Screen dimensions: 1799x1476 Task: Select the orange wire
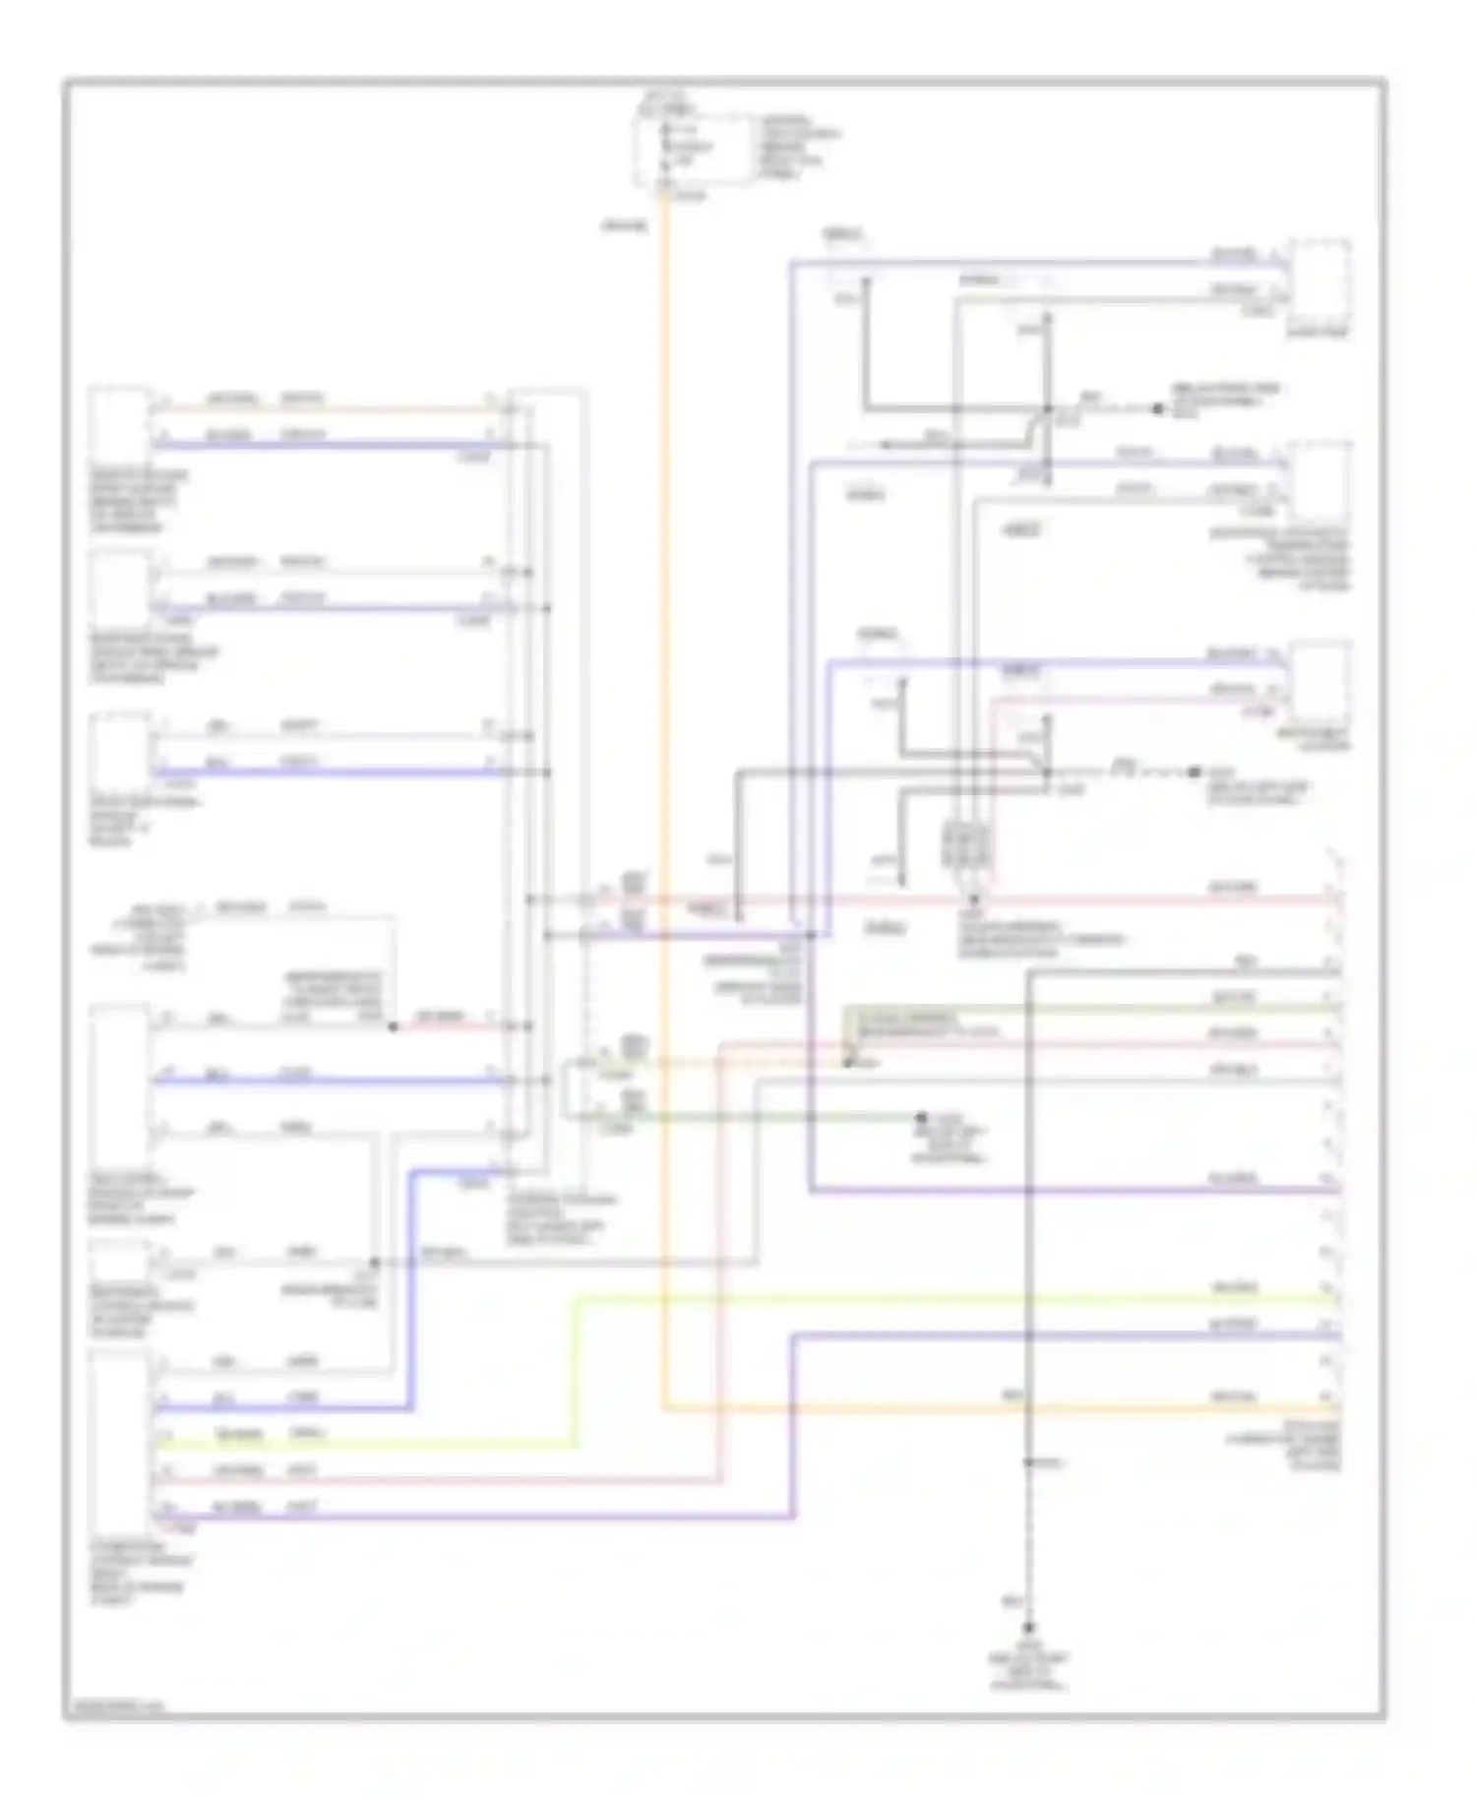665,787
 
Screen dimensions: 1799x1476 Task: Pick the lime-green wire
886,1300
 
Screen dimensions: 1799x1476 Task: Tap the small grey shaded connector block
966,843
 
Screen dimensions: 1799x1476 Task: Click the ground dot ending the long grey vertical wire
1029,1627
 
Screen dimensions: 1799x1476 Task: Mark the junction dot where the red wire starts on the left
393,1026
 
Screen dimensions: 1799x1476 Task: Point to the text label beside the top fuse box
798,148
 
